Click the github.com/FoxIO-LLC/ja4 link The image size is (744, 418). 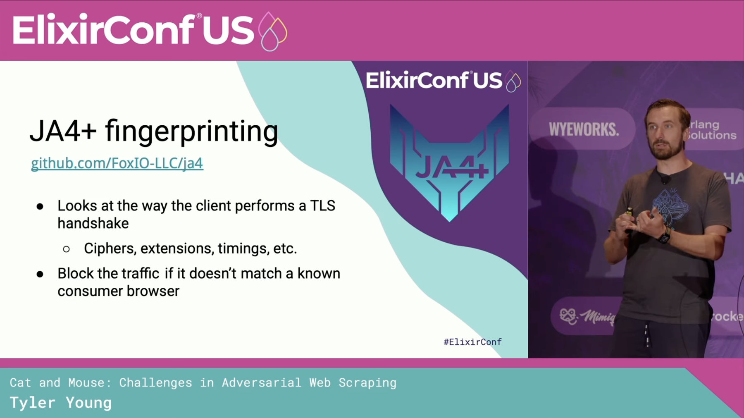point(117,163)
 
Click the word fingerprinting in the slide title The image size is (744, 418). point(191,131)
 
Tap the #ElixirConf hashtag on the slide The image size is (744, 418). point(472,342)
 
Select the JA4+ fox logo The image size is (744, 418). point(449,162)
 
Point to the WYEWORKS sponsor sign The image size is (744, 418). point(583,129)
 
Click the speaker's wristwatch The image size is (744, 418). point(664,236)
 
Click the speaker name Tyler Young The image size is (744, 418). point(61,403)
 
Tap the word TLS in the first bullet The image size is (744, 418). point(323,205)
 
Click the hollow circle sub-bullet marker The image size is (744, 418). point(66,249)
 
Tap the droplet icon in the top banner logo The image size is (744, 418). point(272,31)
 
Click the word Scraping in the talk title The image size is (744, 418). point(367,383)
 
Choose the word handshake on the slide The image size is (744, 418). point(93,223)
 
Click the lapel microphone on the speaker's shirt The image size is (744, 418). point(665,179)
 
